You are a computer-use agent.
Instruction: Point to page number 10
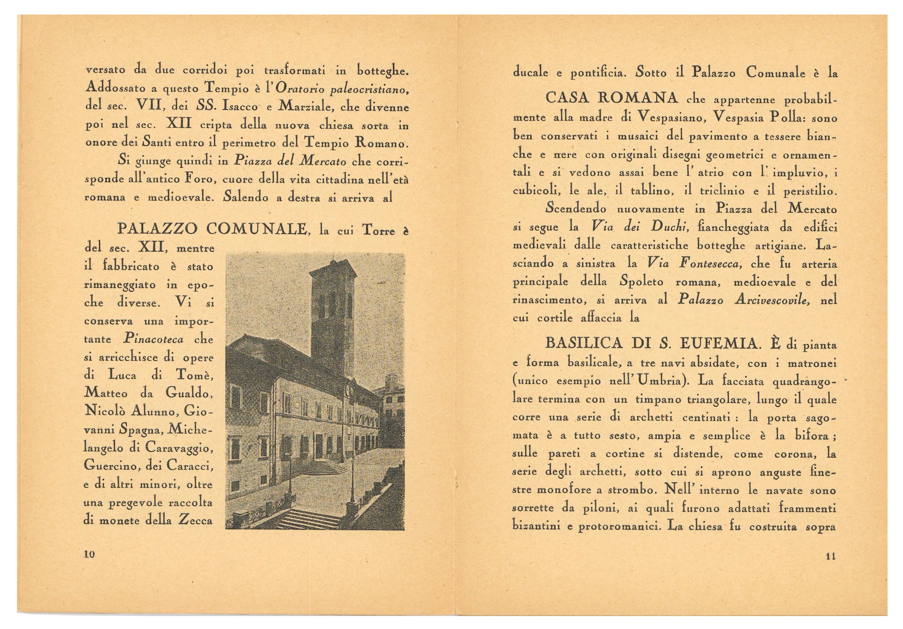(90, 555)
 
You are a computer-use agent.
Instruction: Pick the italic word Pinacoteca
(153, 339)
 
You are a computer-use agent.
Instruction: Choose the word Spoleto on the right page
(641, 282)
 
